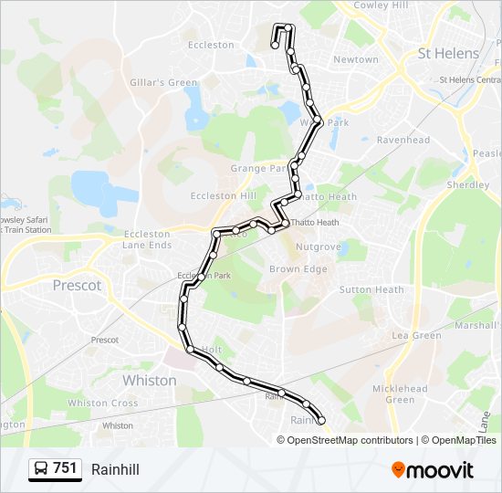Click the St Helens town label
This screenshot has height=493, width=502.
447,54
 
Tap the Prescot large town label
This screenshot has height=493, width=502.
78,286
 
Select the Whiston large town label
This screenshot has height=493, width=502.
149,381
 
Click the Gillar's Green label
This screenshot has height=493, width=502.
164,83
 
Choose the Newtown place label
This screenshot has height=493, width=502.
356,60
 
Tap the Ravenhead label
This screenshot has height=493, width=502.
403,141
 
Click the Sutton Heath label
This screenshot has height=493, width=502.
371,290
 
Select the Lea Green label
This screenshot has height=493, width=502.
416,336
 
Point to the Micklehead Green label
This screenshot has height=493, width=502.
400,394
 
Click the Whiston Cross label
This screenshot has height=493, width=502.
103,404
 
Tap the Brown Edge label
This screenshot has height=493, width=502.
298,269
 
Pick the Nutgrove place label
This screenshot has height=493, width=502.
318,247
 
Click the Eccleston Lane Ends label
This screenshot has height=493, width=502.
147,240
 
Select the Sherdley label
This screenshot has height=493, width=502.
467,184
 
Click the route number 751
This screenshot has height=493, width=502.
65,468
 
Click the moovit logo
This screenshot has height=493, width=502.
433,470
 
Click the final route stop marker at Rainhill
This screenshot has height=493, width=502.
320,421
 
